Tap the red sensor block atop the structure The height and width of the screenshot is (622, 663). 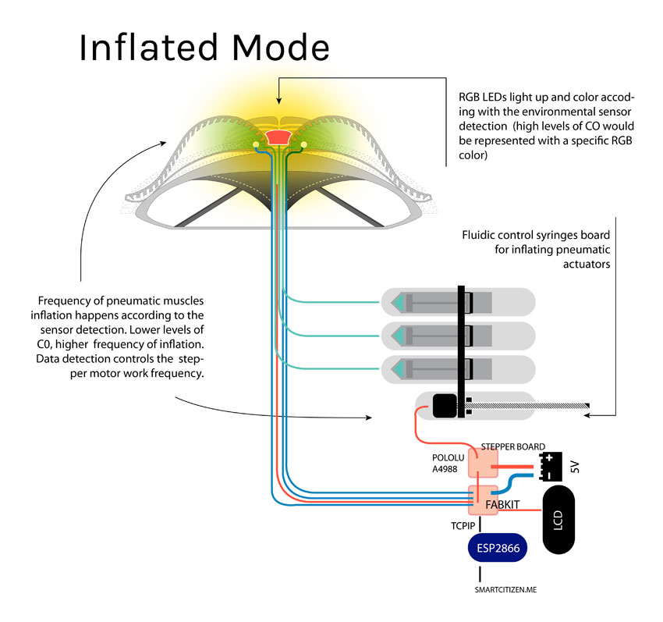pyautogui.click(x=277, y=137)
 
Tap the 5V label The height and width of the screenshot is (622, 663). pyautogui.click(x=576, y=467)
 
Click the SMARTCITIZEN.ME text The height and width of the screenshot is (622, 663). pyautogui.click(x=505, y=591)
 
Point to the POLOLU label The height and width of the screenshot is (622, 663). pyautogui.click(x=448, y=457)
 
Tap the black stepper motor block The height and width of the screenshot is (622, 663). pyautogui.click(x=444, y=406)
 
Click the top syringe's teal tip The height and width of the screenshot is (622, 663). pyautogui.click(x=399, y=301)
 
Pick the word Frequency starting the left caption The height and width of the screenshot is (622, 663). pyautogui.click(x=63, y=300)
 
